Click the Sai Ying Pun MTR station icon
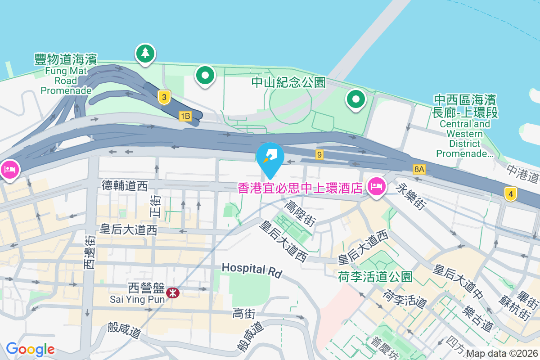(172, 293)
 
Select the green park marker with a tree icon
(145, 54)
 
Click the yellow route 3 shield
(165, 97)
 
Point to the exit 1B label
(185, 116)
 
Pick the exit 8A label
(419, 169)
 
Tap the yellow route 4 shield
(510, 194)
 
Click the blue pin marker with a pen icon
(270, 156)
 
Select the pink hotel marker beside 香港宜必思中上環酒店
(376, 185)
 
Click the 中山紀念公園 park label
(288, 82)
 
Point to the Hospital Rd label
(252, 270)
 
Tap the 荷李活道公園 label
(375, 276)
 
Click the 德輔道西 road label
(124, 185)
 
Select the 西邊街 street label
(90, 252)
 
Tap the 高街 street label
(245, 313)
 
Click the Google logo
(30, 349)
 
